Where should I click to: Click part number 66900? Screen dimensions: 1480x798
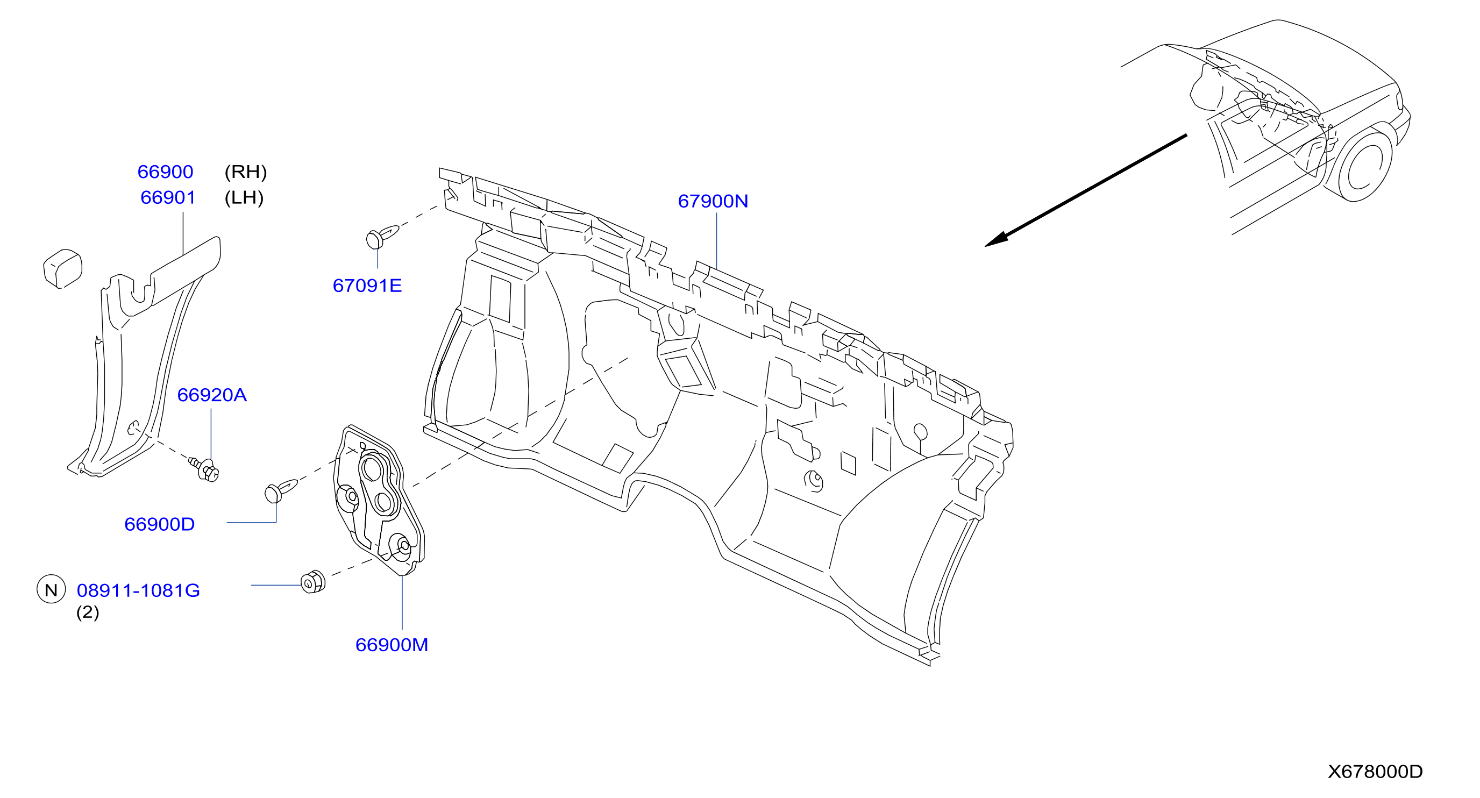pos(165,172)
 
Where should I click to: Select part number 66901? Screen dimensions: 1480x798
pos(168,198)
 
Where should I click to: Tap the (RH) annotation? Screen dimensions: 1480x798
pos(246,172)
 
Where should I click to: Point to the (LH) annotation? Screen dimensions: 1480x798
pos(244,198)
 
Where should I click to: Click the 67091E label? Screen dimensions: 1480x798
pos(367,286)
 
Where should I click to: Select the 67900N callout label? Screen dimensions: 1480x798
pos(713,201)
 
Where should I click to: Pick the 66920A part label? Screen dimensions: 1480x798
pos(212,395)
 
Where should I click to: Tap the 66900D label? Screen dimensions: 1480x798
pos(160,524)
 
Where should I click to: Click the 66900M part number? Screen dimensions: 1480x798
pos(392,645)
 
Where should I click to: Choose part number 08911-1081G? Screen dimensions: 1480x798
pos(138,590)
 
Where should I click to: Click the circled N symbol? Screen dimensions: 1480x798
pos(51,590)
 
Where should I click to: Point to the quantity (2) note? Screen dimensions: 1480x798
pos(88,612)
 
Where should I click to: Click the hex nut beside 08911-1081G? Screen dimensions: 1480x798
pos(313,582)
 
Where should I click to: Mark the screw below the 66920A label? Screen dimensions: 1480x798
pos(205,469)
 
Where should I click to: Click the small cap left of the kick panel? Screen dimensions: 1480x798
pos(62,268)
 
